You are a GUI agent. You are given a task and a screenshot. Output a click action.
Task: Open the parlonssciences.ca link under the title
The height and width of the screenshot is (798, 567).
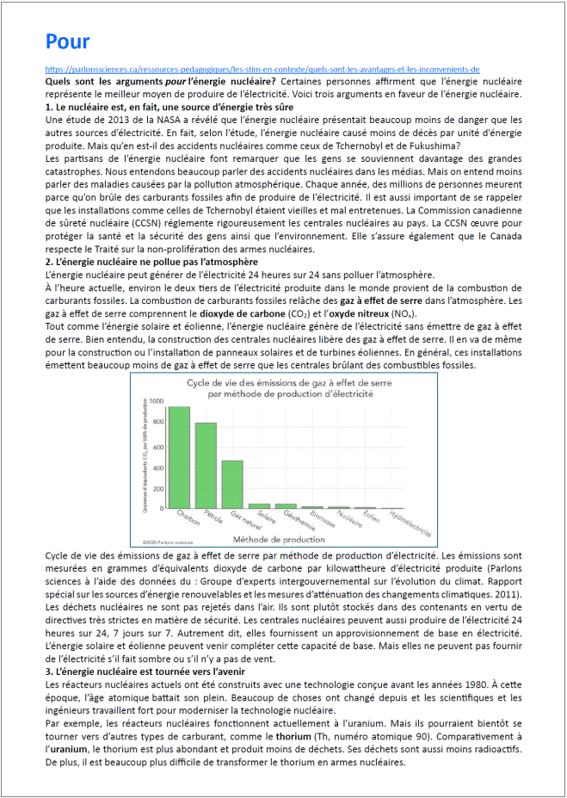(x=262, y=69)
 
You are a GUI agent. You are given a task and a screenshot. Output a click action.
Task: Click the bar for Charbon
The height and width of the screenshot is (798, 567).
(x=179, y=457)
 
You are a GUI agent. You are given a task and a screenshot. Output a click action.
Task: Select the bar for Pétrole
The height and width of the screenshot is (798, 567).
(x=206, y=465)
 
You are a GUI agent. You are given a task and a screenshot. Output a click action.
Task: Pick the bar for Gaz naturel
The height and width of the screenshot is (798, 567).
(x=232, y=484)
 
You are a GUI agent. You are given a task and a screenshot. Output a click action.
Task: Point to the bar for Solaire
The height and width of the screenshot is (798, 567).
(x=259, y=505)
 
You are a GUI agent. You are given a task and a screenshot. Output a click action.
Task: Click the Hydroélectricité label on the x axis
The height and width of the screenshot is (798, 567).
(x=410, y=521)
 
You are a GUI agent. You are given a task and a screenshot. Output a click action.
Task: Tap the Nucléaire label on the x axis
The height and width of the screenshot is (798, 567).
(x=348, y=517)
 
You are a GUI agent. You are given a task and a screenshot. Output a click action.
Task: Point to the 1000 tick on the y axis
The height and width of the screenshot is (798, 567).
(x=156, y=402)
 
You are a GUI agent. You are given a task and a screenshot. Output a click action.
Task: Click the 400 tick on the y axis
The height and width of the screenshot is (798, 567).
(x=157, y=466)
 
